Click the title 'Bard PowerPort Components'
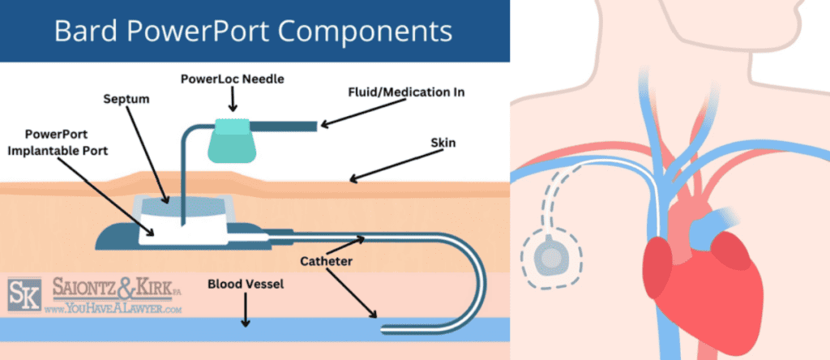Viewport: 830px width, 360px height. [253, 32]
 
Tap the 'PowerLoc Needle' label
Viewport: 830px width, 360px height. [233, 79]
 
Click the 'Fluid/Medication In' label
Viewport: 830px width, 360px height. [405, 92]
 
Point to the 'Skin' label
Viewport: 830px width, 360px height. [443, 143]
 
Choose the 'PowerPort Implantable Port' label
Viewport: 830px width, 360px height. [57, 143]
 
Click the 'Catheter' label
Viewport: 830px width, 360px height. [326, 261]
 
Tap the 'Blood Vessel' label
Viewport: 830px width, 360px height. [246, 285]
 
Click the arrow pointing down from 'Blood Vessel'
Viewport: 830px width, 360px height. [245, 310]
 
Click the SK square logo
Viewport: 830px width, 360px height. [24, 294]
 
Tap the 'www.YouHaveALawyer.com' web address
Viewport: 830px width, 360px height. [113, 309]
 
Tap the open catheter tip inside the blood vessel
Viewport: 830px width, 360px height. [383, 328]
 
